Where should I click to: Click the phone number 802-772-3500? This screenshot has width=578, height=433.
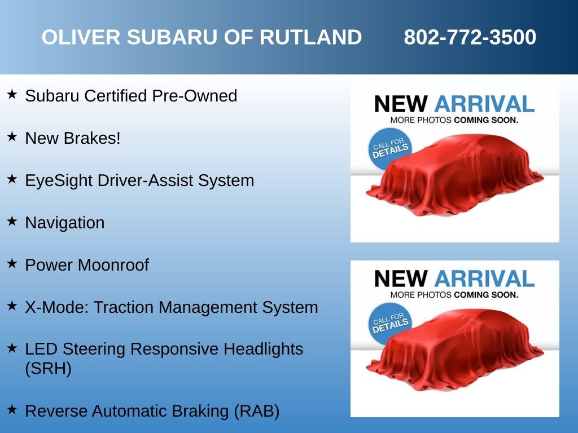tap(470, 37)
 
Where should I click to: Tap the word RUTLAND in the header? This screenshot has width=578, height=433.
tap(311, 37)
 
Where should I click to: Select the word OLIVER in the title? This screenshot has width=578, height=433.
tap(81, 37)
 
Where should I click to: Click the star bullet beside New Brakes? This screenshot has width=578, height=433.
tap(12, 136)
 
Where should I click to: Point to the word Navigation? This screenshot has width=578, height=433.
tap(65, 223)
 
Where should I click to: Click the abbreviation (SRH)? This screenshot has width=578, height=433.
tap(49, 369)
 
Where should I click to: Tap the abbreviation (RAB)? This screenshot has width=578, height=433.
tap(257, 411)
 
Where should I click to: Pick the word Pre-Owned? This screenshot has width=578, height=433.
tap(194, 96)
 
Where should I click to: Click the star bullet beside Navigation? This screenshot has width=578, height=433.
tap(12, 221)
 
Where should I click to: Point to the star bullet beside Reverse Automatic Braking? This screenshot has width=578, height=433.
tap(12, 409)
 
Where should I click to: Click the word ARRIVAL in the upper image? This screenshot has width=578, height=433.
tap(484, 104)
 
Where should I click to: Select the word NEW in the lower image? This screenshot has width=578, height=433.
tap(401, 279)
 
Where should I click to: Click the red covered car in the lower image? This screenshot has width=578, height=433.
tap(455, 350)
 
